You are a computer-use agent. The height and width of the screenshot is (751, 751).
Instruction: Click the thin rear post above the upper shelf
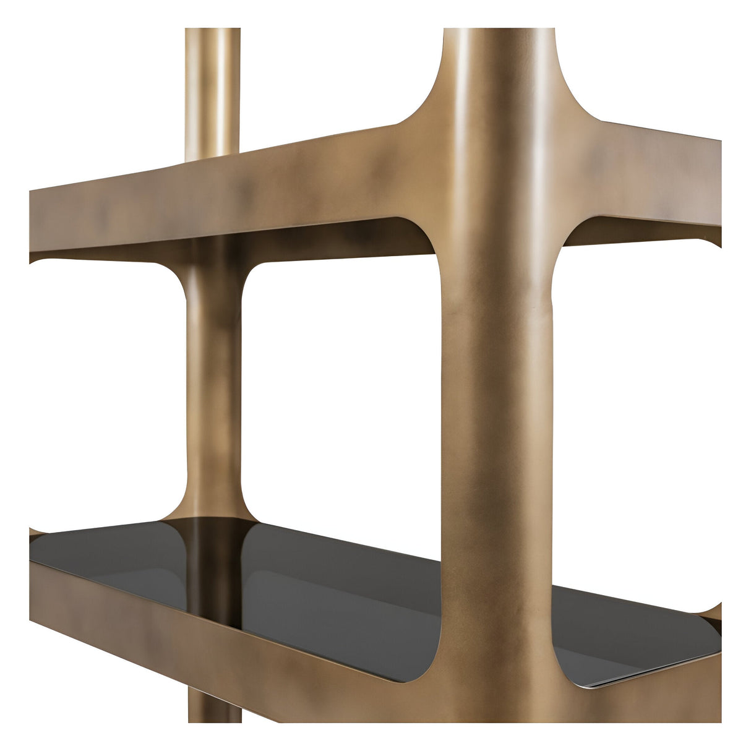click(212, 87)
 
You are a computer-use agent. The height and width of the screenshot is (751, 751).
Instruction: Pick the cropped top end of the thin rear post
click(212, 31)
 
